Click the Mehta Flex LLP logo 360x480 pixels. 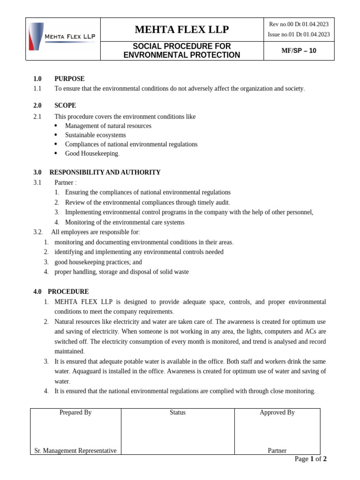62,37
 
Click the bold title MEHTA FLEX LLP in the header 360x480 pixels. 182,30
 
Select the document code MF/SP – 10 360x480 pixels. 299,51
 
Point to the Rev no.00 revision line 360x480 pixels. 299,24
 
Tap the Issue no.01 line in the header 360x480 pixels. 299,34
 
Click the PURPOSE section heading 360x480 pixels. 69,79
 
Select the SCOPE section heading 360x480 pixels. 65,105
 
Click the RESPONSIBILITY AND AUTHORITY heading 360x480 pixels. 105,172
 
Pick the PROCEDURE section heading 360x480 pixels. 68,292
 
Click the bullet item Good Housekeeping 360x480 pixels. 92,154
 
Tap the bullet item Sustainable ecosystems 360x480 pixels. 96,135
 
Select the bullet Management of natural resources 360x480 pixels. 108,126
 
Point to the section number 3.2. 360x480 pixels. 38,232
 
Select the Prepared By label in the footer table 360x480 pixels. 75,412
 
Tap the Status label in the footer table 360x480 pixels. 178,412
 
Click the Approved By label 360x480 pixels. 277,412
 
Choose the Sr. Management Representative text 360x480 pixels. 75,450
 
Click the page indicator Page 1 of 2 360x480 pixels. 310,459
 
